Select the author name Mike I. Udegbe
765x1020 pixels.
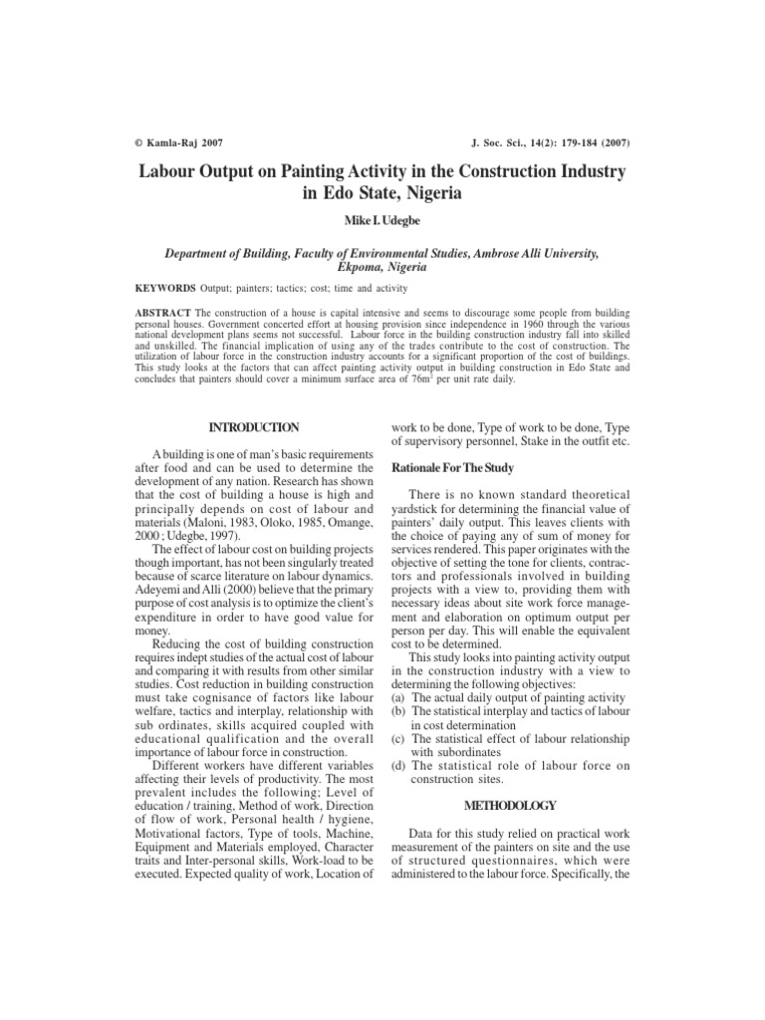(x=382, y=218)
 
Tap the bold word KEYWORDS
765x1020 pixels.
(x=165, y=288)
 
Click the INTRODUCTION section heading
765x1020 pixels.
(x=253, y=427)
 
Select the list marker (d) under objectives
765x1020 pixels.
(x=396, y=765)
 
